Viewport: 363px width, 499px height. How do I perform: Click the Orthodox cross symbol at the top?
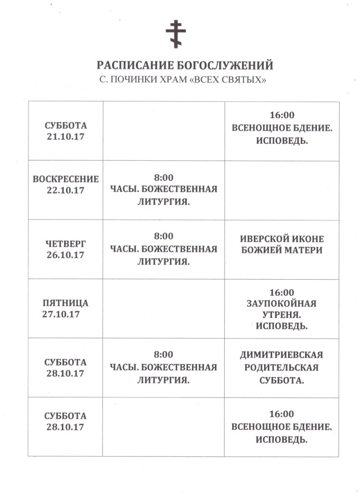176,34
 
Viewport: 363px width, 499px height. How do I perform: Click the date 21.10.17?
66,137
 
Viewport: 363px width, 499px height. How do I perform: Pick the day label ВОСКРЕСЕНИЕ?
66,179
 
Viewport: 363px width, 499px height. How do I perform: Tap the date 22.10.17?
66,190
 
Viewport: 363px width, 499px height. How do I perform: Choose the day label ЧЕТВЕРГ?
66,244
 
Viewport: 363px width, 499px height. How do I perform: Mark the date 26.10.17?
66,255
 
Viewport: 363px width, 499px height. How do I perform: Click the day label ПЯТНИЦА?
66,303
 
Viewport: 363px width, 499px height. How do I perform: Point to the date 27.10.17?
61,314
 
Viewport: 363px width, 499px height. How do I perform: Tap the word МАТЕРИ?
306,250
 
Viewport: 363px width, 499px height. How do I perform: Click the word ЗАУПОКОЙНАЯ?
282,304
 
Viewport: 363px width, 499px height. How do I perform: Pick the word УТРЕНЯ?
282,315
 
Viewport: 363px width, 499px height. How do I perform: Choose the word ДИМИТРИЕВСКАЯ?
282,355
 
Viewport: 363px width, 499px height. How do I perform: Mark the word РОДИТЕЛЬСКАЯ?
282,367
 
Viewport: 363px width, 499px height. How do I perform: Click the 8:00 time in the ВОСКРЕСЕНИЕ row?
164,177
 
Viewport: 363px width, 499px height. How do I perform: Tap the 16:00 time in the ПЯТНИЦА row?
282,292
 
